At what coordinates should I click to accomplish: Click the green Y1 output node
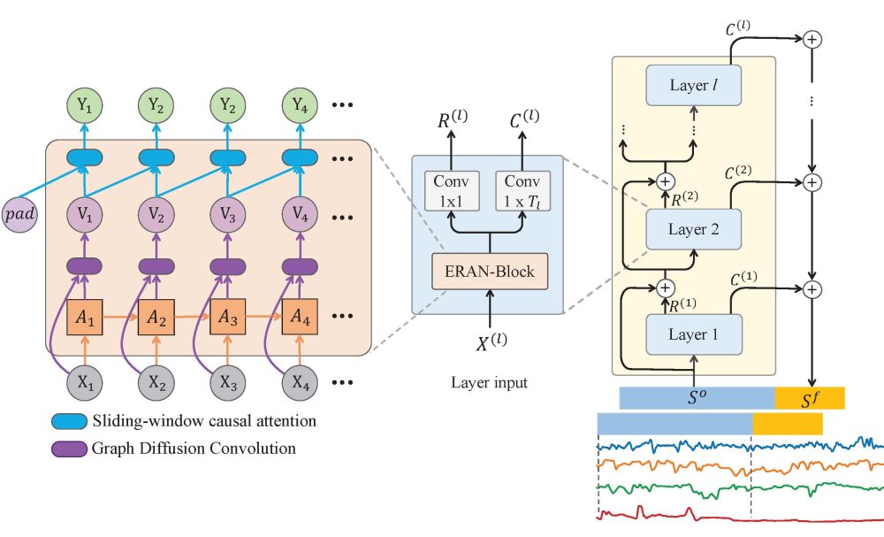pyautogui.click(x=85, y=106)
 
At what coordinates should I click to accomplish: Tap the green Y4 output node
pyautogui.click(x=300, y=106)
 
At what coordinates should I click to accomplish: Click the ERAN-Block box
pyautogui.click(x=489, y=271)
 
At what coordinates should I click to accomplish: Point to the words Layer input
pyautogui.click(x=489, y=383)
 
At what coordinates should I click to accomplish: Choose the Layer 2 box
pyautogui.click(x=693, y=229)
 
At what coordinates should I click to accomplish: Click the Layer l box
pyautogui.click(x=693, y=86)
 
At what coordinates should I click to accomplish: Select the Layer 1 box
pyautogui.click(x=693, y=334)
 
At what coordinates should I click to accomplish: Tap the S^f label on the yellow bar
pyautogui.click(x=811, y=398)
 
